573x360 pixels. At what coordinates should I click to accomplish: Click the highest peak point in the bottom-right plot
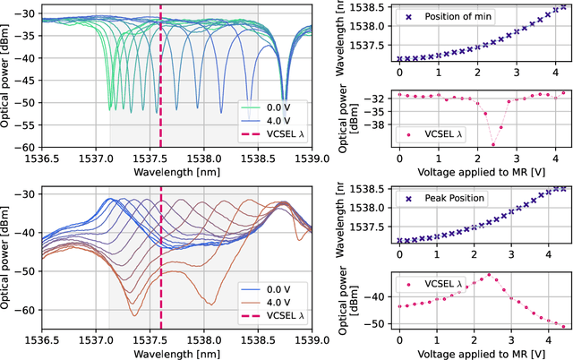coord(489,275)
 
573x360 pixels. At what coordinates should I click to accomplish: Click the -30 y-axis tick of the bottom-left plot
coord(30,194)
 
